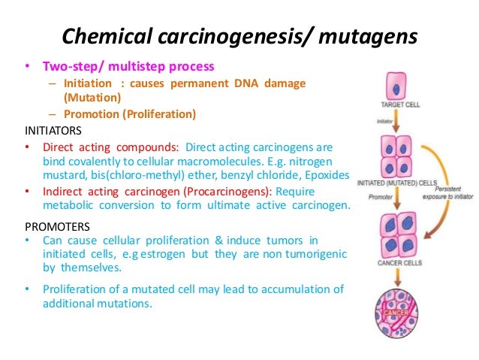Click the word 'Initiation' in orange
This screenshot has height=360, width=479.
click(86, 83)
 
